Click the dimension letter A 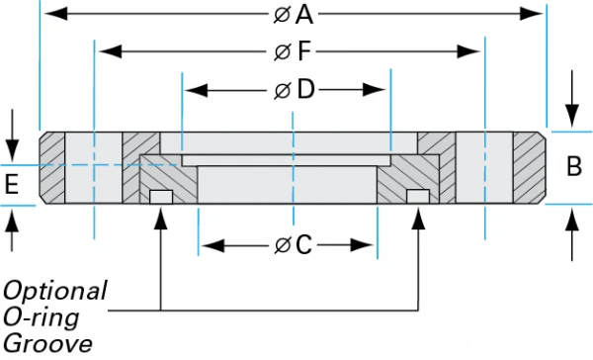click(x=304, y=14)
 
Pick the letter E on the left click(x=12, y=183)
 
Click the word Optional click(x=54, y=291)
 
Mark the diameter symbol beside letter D click(x=283, y=90)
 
